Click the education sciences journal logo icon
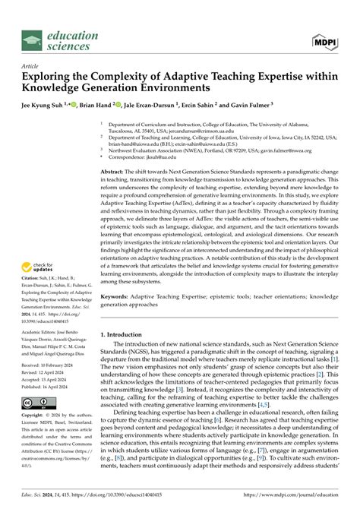pyautogui.click(x=31, y=39)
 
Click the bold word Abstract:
pyautogui.click(x=115, y=195)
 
